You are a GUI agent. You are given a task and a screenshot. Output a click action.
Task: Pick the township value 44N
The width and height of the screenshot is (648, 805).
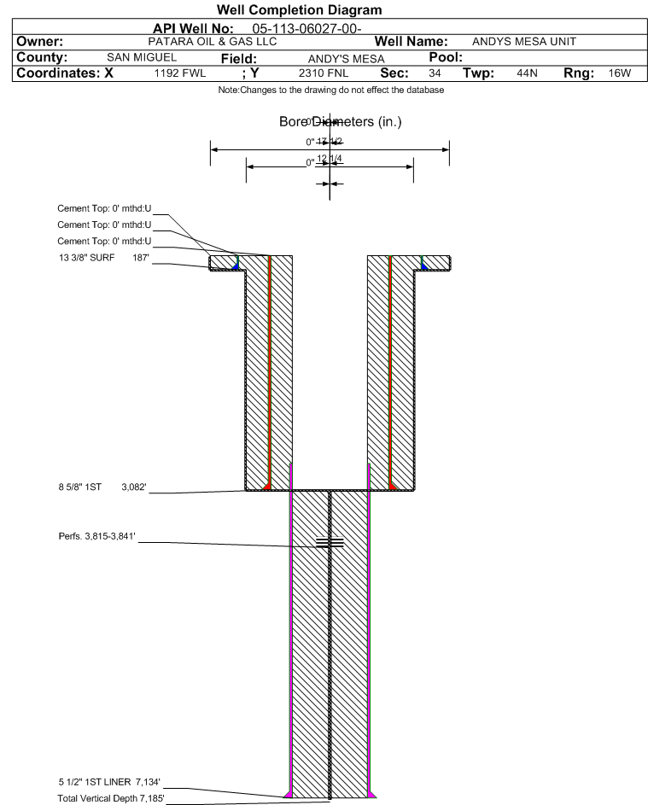(x=527, y=74)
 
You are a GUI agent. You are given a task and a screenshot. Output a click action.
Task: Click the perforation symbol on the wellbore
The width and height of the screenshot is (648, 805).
(x=330, y=542)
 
